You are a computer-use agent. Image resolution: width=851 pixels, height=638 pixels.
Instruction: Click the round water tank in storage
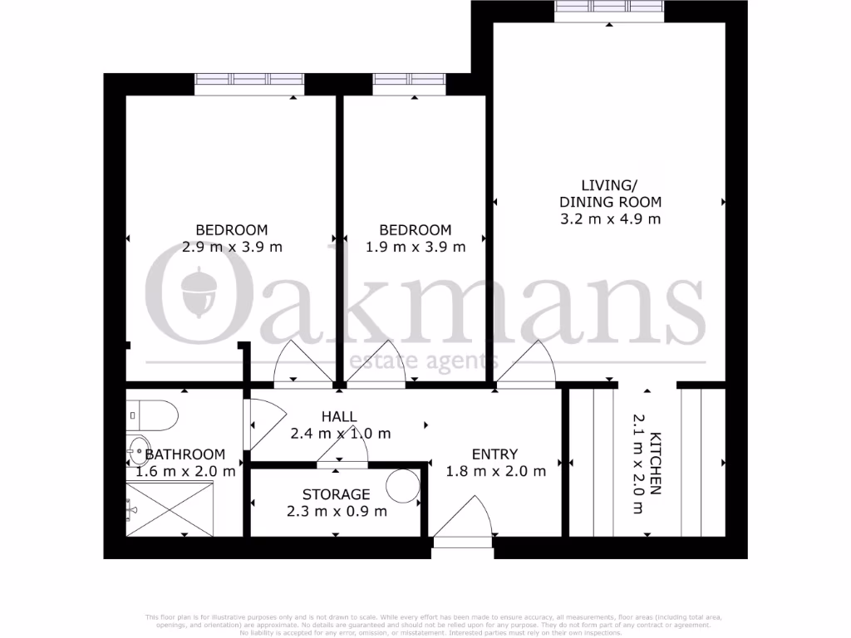tap(405, 484)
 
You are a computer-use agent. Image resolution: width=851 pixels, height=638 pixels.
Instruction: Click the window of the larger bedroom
tap(249, 83)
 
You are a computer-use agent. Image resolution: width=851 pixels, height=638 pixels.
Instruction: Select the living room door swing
tap(528, 366)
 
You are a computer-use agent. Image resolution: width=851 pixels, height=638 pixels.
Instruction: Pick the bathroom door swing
tap(263, 424)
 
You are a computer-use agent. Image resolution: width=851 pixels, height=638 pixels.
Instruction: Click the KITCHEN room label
tap(656, 464)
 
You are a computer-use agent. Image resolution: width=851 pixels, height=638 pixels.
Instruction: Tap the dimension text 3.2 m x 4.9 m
tap(610, 219)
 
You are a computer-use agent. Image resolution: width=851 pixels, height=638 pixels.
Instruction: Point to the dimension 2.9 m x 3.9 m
tap(232, 247)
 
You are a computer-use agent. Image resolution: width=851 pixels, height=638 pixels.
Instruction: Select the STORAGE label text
tap(336, 494)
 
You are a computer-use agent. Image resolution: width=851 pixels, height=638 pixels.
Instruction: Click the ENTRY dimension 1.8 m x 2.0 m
tap(496, 471)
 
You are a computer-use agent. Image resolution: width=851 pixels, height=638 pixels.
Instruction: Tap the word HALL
tap(340, 417)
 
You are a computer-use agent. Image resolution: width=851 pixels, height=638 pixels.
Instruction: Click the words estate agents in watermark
tap(425, 361)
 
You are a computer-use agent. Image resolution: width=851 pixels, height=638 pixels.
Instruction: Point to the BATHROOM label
tap(185, 454)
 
